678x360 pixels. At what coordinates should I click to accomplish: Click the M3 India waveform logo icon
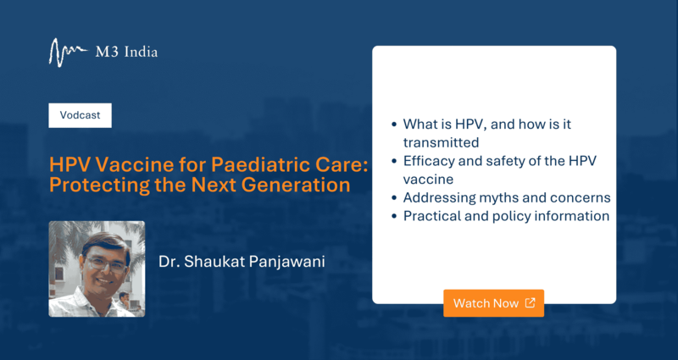tap(68, 53)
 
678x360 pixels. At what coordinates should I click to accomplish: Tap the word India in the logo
tap(141, 53)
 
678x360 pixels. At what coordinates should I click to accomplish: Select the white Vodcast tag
tap(80, 115)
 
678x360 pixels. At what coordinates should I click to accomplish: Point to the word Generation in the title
tap(296, 185)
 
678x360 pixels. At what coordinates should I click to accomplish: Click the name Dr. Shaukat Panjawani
tap(242, 262)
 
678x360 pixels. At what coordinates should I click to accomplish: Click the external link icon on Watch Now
tap(531, 302)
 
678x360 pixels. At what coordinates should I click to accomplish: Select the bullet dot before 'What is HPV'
tap(394, 125)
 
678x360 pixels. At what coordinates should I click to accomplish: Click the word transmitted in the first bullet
tap(441, 142)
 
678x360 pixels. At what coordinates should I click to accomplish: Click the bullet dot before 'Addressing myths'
tap(394, 198)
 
